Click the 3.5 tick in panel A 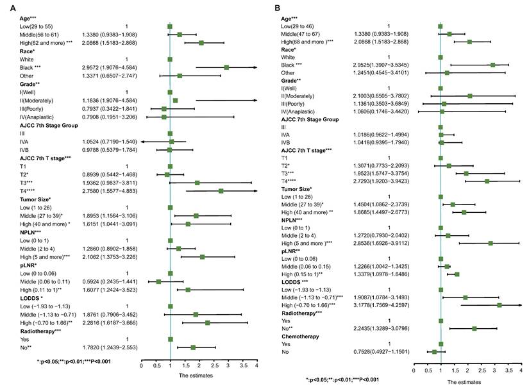point(242,366)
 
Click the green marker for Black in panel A point(226,67)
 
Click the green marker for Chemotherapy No point(434,352)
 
